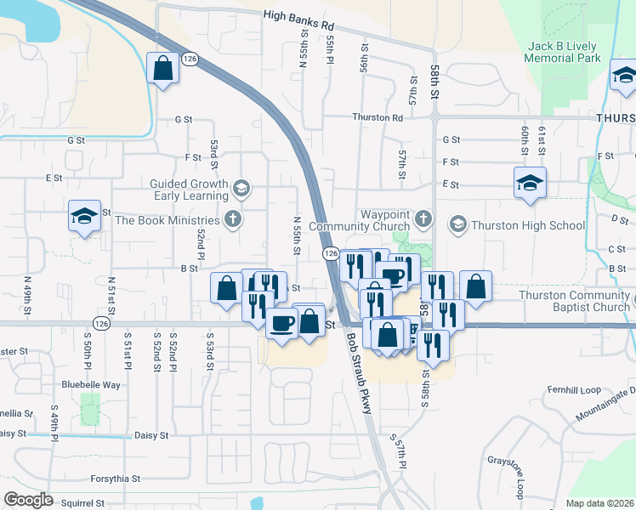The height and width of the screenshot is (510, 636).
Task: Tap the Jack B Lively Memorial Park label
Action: click(x=562, y=52)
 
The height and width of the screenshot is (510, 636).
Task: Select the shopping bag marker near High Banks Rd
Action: click(x=162, y=68)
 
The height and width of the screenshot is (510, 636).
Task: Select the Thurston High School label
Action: click(x=528, y=225)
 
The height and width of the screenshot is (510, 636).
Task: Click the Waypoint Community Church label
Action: click(x=361, y=220)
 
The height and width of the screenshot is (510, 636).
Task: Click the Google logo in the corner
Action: click(x=29, y=499)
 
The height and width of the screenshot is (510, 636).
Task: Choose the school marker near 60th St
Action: click(x=530, y=183)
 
